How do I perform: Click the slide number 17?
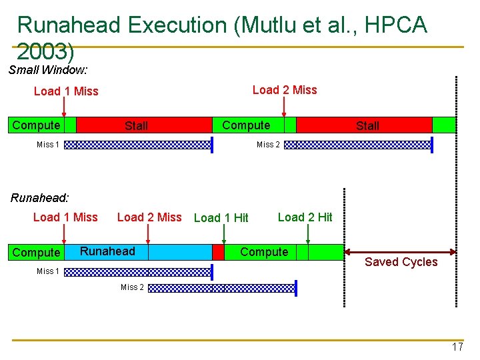[457, 347]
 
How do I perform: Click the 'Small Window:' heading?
[49, 69]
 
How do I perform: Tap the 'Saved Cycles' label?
[401, 262]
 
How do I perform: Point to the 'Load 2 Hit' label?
[305, 217]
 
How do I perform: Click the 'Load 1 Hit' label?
[221, 217]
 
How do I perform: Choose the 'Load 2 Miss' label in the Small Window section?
[285, 90]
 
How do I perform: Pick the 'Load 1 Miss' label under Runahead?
[65, 217]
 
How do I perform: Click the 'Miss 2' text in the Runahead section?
[132, 287]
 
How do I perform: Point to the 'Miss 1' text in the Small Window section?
[48, 145]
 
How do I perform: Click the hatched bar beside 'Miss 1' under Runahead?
[137, 271]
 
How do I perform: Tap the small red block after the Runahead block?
[218, 252]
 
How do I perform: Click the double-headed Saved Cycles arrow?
[400, 251]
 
